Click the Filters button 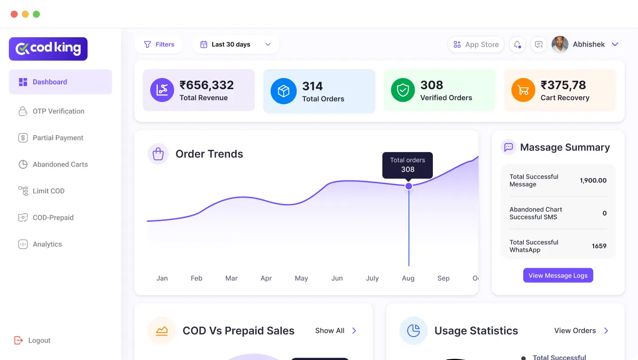point(159,44)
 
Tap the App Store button point(476,44)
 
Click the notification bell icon point(517,44)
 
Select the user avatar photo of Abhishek point(560,44)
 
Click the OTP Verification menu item point(58,111)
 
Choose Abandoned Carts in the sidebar point(60,164)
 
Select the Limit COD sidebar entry point(48,191)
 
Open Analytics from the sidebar point(47,244)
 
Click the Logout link point(39,340)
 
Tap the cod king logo point(48,49)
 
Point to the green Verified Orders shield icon point(403,90)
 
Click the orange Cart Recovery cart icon point(523,90)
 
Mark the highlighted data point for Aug point(408,186)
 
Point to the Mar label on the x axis point(231,278)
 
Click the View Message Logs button point(558,275)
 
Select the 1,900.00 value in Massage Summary point(593,180)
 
